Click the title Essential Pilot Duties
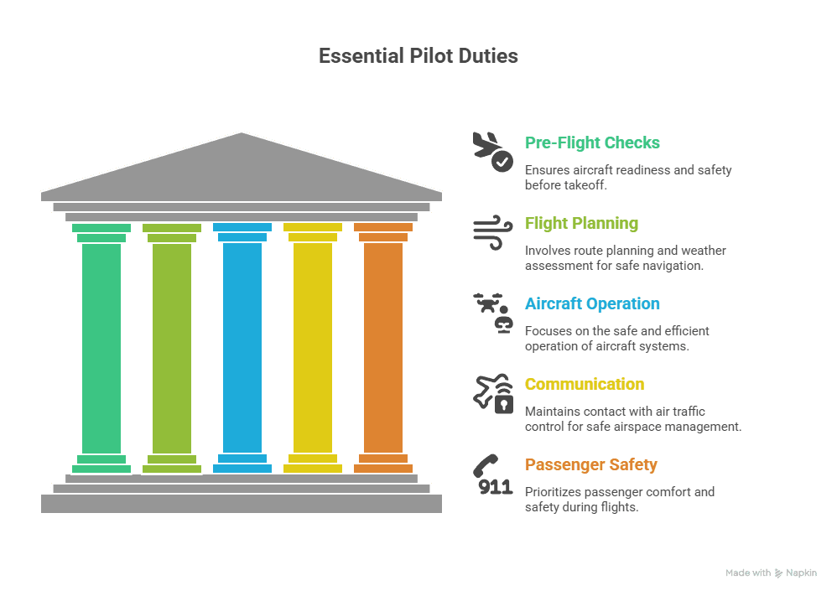(418, 56)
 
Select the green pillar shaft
(101, 347)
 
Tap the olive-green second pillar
(172, 347)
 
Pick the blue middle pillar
(242, 347)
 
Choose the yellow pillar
(313, 347)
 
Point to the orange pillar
(383, 347)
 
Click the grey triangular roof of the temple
(242, 168)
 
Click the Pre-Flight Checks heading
(592, 143)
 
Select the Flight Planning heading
(581, 223)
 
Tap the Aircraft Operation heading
(592, 303)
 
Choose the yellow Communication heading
(585, 384)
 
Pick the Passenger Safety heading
(591, 464)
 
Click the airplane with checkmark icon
(493, 151)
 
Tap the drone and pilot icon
(493, 312)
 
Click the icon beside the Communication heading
(493, 392)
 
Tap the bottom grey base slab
(242, 503)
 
